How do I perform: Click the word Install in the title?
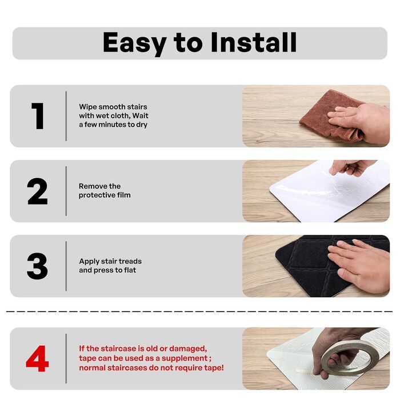[254, 42]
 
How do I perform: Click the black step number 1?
[38, 116]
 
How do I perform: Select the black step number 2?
[37, 191]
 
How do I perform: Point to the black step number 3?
[37, 266]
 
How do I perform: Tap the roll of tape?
[347, 357]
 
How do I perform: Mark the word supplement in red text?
[185, 359]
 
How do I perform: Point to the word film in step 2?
[124, 195]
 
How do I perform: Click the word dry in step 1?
[142, 125]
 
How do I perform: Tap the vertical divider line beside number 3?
[66, 266]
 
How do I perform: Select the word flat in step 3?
[130, 270]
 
